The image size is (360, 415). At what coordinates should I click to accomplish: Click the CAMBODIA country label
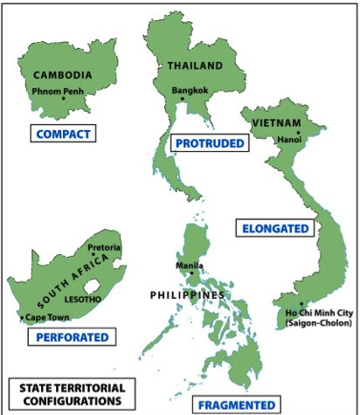point(61,75)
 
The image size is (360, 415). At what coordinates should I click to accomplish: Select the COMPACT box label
point(62,134)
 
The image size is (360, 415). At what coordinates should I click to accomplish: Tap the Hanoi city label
point(288,139)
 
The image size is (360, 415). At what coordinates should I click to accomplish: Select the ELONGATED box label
point(274,228)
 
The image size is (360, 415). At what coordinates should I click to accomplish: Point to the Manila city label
point(190,266)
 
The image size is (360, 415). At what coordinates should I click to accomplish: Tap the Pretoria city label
point(104,247)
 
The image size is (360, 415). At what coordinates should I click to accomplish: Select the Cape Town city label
point(45,317)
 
